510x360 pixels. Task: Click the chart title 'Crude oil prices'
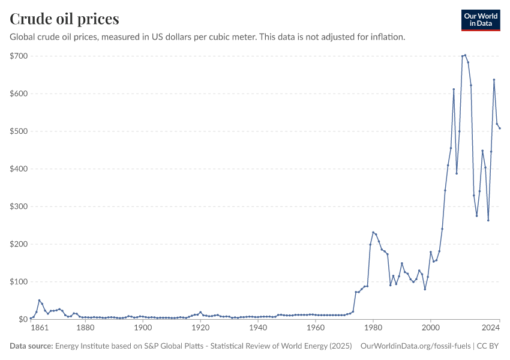pos(64,19)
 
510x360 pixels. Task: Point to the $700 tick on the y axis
pos(19,56)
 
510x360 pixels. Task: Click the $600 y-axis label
pos(19,94)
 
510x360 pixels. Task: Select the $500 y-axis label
pos(19,131)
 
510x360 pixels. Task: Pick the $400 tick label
pos(19,169)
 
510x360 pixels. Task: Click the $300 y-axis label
pos(19,206)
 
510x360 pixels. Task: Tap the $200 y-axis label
pos(19,244)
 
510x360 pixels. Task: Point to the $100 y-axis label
pos(19,281)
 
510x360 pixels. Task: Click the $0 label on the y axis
pos(23,319)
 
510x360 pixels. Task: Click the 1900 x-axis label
pos(143,328)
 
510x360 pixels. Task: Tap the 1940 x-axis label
pos(258,328)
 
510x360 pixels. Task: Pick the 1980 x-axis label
pos(373,328)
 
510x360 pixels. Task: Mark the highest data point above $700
pos(465,55)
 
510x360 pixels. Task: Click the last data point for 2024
pos(500,128)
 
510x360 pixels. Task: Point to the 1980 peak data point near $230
pos(373,232)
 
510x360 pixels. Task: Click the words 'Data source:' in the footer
pos(31,346)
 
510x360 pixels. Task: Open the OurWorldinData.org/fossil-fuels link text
pos(415,346)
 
